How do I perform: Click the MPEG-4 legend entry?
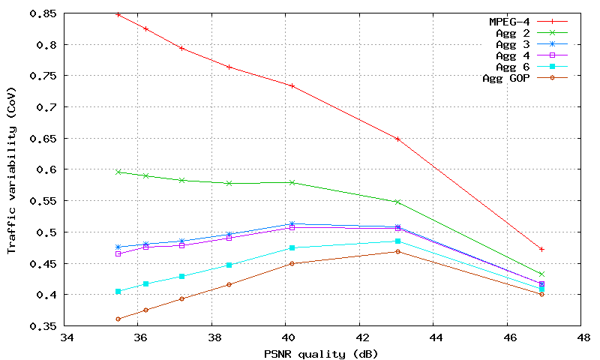pos(509,22)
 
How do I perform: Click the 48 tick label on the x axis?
pos(580,337)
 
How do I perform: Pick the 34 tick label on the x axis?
pos(67,337)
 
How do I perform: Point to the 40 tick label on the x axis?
pos(286,337)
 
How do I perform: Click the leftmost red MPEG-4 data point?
pos(118,14)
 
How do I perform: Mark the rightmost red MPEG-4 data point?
pos(541,249)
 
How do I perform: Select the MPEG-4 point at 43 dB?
pos(397,139)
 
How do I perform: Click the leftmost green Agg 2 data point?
pos(118,172)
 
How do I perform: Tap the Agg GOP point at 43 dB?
pos(397,251)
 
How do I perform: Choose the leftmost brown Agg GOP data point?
pos(118,319)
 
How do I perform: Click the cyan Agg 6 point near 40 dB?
pos(292,247)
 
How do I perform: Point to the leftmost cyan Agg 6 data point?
pos(118,291)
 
